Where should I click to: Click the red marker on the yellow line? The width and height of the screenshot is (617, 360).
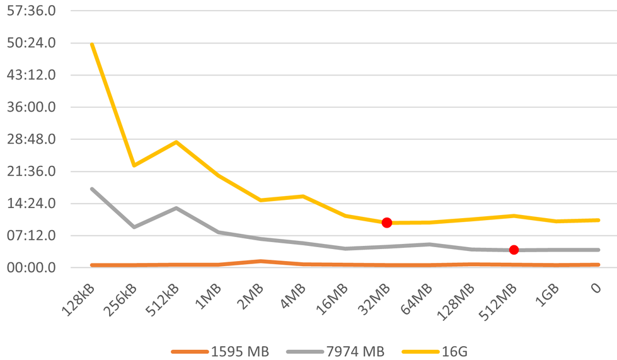coord(387,223)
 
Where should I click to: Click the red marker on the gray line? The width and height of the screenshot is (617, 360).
coord(514,250)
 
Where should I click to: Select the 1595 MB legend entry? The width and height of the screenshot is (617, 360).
coord(220,351)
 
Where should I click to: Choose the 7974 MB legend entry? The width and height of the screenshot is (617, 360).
coord(335,351)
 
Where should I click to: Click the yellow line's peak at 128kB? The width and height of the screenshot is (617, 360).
coord(92,44)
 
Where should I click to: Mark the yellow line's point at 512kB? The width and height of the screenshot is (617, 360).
coord(176,142)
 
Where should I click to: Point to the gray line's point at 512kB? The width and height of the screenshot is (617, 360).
coord(176,207)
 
